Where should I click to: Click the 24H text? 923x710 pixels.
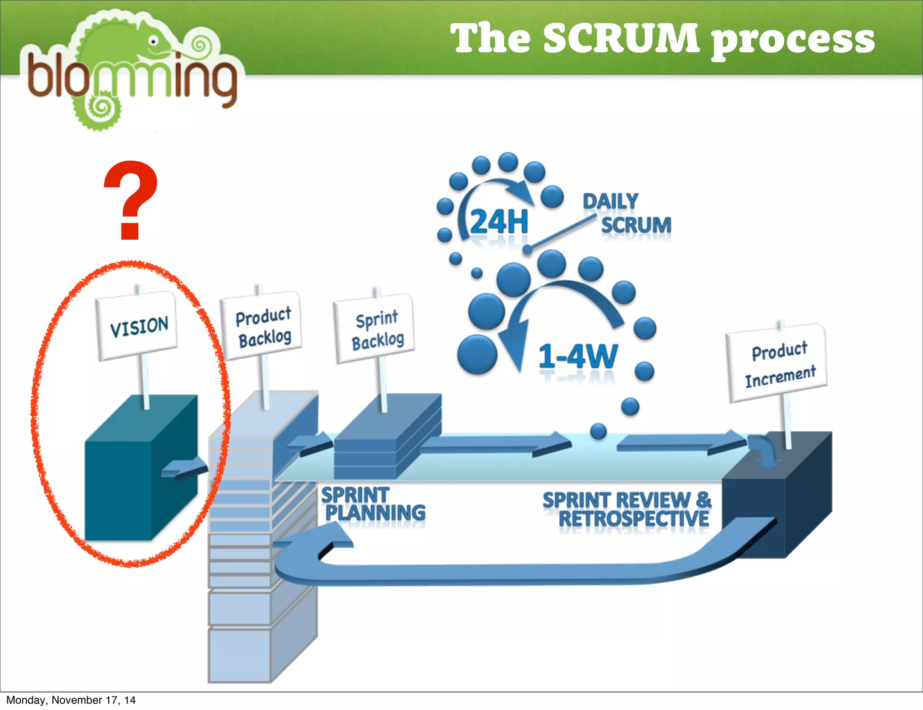tap(498, 222)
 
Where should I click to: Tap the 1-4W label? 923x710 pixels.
tap(578, 356)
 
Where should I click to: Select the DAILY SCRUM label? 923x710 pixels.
tap(626, 213)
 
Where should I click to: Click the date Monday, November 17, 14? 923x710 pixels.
tap(71, 700)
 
